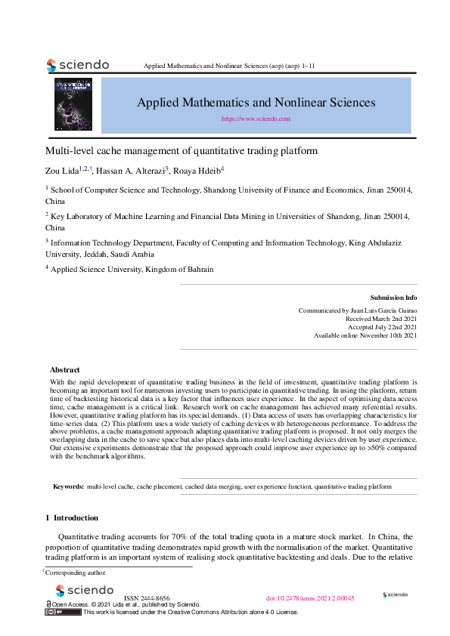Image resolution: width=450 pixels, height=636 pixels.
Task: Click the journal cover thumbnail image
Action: [73, 104]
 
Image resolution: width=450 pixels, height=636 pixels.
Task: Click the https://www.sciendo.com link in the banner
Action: [256, 119]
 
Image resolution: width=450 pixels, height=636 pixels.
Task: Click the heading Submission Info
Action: [393, 298]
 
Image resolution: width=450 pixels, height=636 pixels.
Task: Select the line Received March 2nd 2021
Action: [380, 319]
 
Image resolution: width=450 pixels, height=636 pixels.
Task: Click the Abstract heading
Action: [64, 370]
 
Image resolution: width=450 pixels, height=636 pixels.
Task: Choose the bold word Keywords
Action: [68, 487]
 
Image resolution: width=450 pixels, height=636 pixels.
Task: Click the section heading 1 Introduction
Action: [72, 517]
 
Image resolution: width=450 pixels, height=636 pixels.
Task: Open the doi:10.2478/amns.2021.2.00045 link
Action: [310, 597]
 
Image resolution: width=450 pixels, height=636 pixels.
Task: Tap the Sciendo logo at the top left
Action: [78, 65]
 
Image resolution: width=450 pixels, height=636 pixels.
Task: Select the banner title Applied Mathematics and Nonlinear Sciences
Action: [256, 102]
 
